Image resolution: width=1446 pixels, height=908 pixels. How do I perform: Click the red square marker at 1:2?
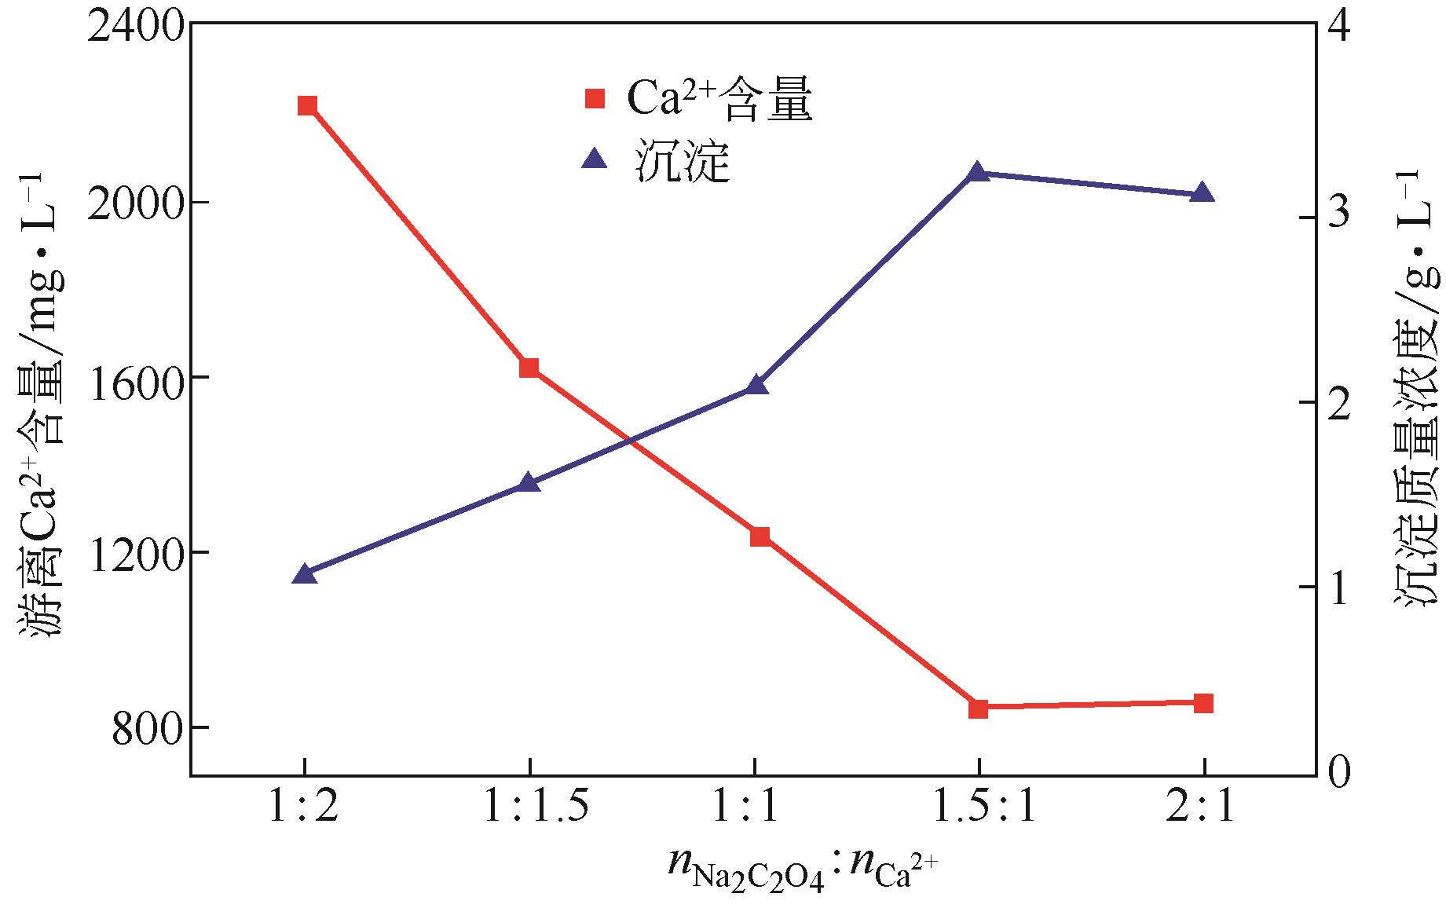click(307, 106)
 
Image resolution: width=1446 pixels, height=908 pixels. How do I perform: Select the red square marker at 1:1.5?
click(529, 368)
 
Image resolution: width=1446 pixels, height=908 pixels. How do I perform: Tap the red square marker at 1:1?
click(760, 537)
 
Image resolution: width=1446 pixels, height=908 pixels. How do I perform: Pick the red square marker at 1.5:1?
click(978, 708)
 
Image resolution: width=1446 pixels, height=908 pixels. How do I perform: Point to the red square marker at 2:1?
click(1203, 703)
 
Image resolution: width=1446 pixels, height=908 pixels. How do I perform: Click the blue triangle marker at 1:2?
click(304, 574)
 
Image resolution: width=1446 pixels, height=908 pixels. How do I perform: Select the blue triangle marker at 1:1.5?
click(529, 483)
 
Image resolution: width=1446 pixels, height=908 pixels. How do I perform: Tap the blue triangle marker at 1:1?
click(756, 385)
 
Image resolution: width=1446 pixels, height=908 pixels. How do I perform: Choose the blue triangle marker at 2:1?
click(1203, 194)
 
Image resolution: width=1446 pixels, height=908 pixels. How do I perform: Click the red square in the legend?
click(595, 99)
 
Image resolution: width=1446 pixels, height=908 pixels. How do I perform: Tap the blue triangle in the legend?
click(595, 160)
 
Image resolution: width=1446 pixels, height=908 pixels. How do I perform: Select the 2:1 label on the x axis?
click(1201, 807)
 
